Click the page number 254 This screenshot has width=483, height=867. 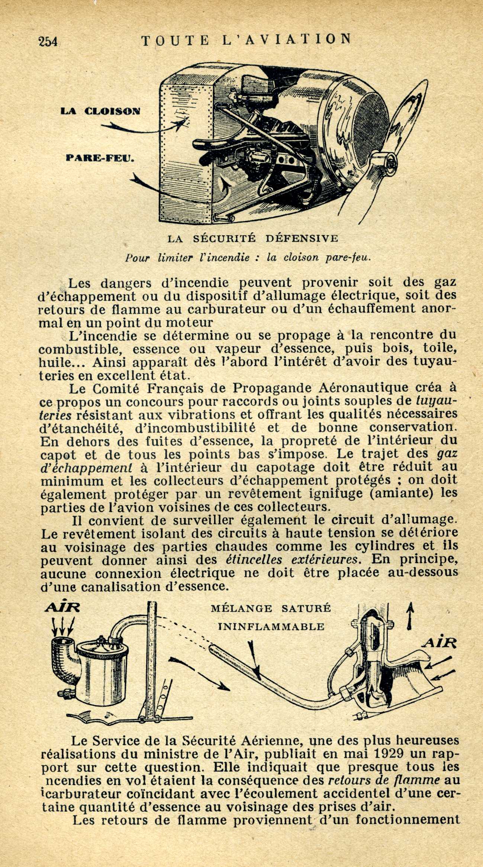click(x=48, y=41)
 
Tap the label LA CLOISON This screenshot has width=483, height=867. click(x=100, y=111)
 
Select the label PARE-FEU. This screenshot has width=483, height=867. click(x=99, y=158)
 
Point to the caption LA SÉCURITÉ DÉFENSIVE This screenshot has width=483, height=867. click(x=253, y=239)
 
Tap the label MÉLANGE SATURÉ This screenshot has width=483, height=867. click(x=271, y=608)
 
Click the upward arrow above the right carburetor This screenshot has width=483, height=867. click(x=410, y=616)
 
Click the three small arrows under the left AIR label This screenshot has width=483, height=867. click(x=63, y=625)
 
